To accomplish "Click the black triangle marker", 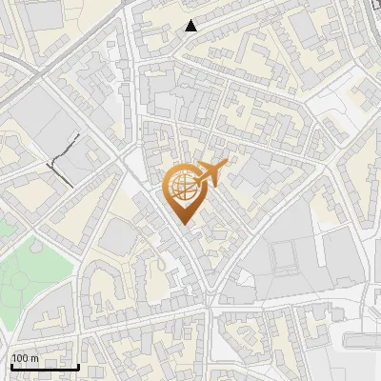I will (191, 26).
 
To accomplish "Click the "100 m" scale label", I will (25, 358).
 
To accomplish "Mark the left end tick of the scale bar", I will (11, 366).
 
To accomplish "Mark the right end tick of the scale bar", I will (78, 366).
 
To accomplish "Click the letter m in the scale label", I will (34, 358).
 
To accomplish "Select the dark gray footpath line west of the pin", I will (63, 157).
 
